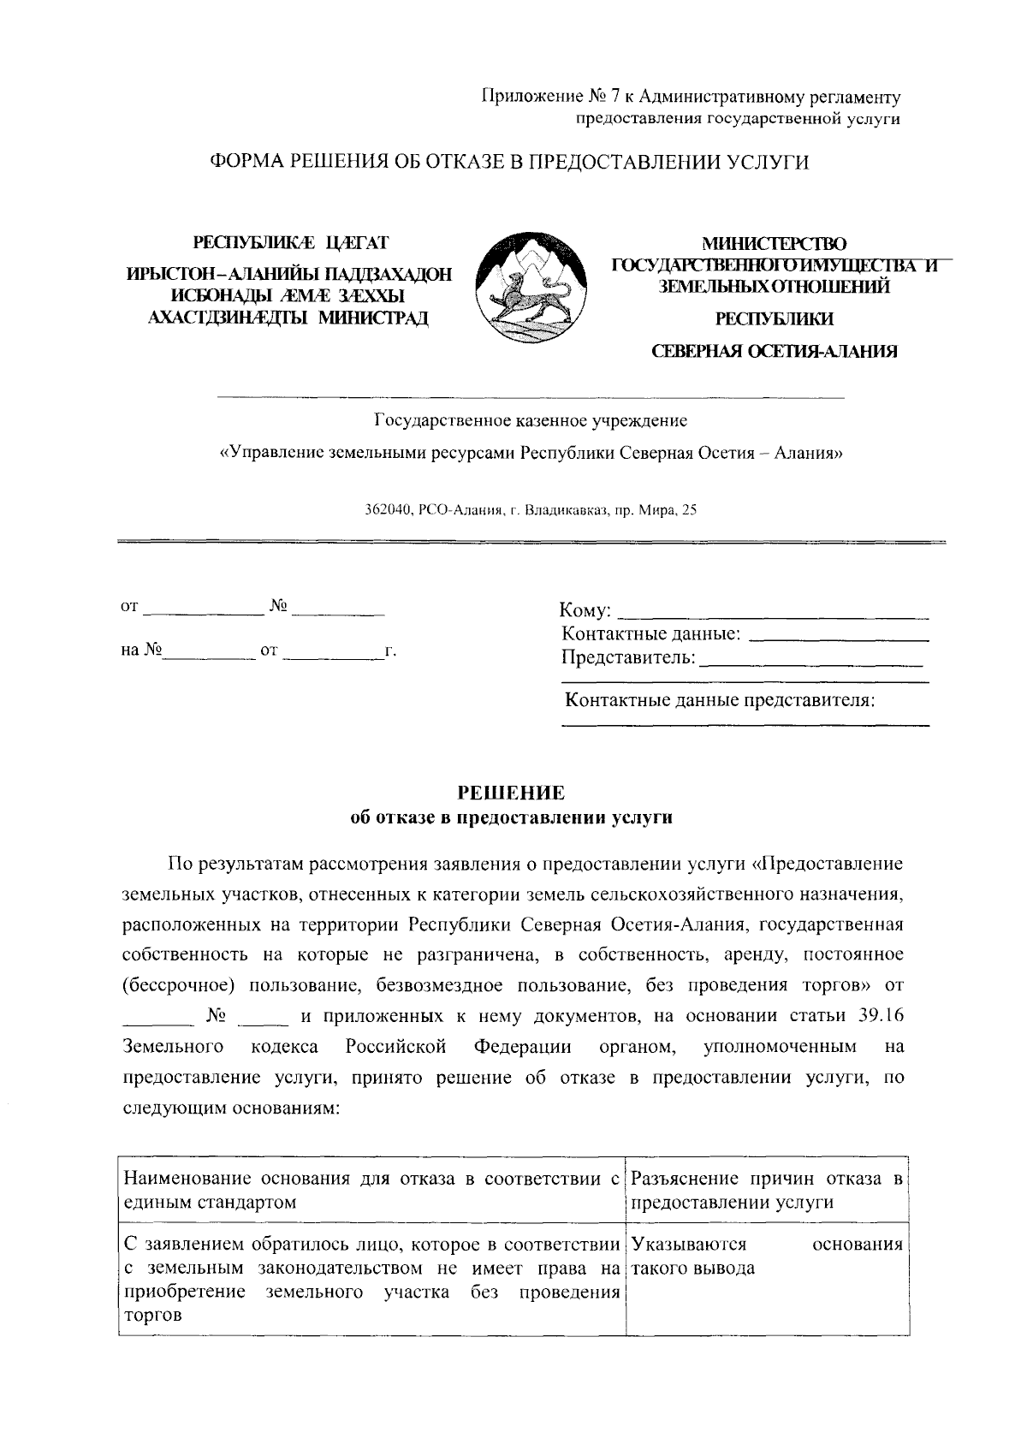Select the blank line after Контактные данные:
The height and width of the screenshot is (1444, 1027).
click(843, 638)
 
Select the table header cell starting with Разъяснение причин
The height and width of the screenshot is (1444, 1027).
click(767, 1191)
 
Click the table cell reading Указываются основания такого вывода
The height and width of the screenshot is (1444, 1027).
click(767, 1257)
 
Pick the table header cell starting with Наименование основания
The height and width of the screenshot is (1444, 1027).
click(371, 1191)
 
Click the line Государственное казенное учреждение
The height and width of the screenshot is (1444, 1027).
click(531, 421)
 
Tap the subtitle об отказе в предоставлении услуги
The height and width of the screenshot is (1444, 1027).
click(512, 817)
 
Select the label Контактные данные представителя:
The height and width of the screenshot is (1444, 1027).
click(720, 700)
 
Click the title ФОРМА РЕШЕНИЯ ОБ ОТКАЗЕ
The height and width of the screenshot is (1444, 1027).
click(511, 162)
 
